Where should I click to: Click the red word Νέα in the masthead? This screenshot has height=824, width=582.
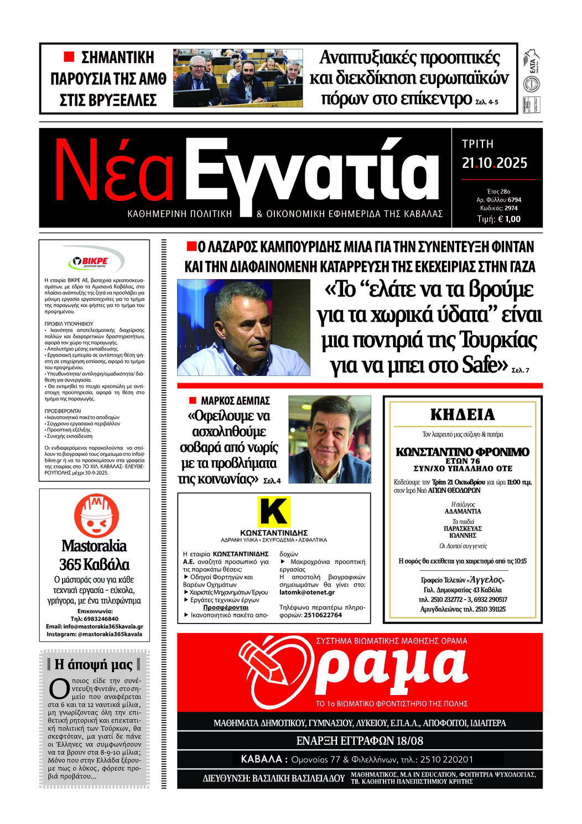113,172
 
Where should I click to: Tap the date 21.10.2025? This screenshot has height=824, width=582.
495,163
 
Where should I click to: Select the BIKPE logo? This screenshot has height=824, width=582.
93,261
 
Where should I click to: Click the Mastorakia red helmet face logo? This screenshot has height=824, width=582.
96,516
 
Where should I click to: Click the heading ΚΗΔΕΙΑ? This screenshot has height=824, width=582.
463,415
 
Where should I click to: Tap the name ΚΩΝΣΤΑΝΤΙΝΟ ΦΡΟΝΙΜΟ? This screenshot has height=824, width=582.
463,452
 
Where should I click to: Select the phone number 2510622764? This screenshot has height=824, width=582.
323,615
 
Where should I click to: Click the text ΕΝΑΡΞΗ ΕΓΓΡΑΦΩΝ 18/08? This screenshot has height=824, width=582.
360,740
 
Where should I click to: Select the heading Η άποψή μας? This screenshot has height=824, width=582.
93,664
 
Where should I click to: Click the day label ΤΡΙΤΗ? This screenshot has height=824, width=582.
477,144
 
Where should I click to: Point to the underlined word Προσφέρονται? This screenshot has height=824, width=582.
226,607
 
